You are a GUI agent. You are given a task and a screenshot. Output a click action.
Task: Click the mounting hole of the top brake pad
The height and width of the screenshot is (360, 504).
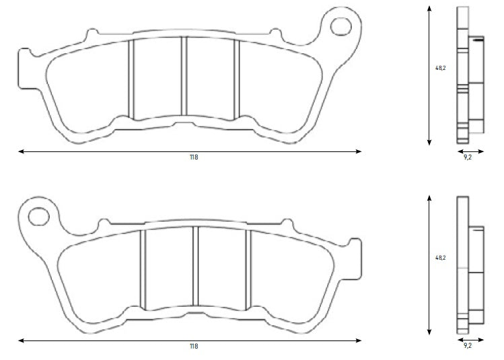tap(342, 26)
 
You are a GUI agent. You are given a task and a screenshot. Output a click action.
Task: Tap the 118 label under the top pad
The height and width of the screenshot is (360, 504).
tap(194, 157)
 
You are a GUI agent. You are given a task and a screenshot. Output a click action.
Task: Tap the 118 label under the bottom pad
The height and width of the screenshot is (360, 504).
tap(194, 347)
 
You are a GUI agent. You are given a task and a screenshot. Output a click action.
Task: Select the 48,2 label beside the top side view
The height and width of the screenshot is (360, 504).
tap(440, 68)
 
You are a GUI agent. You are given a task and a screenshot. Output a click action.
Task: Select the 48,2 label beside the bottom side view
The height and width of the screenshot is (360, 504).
tap(440, 257)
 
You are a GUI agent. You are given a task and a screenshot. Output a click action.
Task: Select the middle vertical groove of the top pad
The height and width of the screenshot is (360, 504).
tap(184, 76)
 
